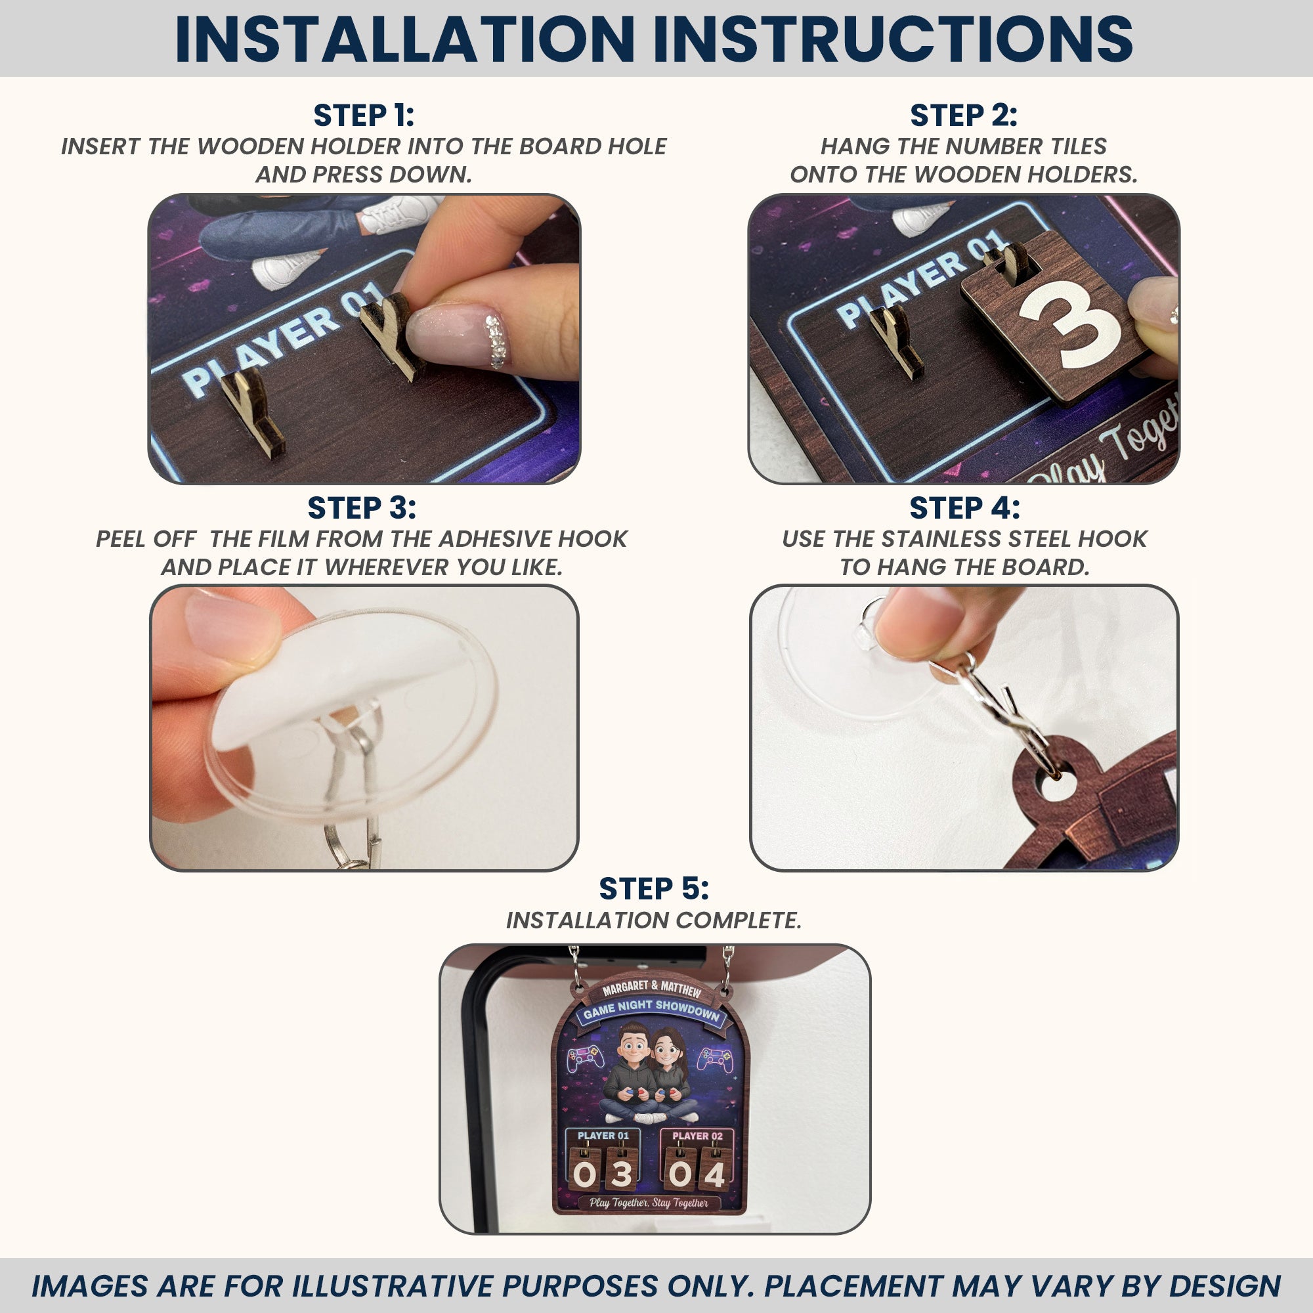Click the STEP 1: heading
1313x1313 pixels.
click(364, 116)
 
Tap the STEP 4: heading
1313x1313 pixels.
click(964, 508)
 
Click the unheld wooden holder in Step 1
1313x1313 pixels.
click(249, 410)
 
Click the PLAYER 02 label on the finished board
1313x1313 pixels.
click(697, 1136)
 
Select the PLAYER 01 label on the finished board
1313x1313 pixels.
click(603, 1135)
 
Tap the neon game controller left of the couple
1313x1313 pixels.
click(585, 1058)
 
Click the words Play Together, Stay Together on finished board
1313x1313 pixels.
click(649, 1203)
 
